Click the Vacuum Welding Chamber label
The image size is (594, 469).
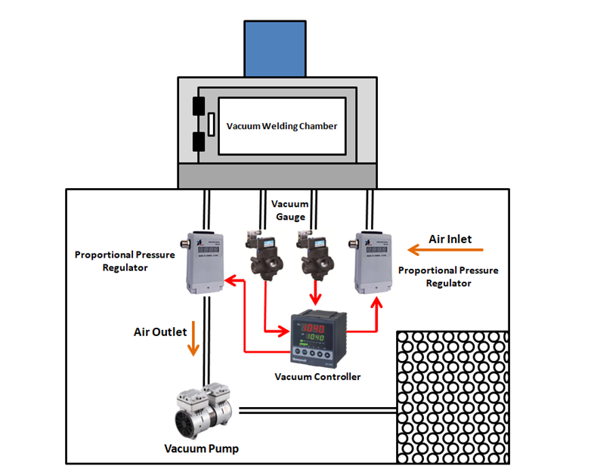[282, 126]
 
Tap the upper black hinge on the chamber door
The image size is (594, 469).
[200, 106]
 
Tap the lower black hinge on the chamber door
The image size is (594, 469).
[200, 141]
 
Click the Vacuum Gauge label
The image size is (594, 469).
[290, 210]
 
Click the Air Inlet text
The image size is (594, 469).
[450, 239]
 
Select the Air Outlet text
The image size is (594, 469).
[160, 332]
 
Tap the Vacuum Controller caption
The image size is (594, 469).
[317, 376]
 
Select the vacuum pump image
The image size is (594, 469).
[205, 412]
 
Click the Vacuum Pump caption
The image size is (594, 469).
[202, 449]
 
